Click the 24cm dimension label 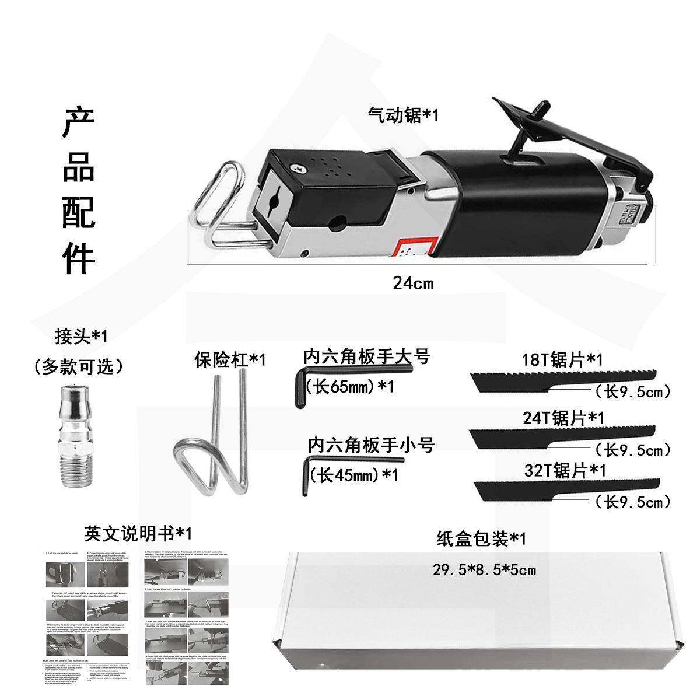click(x=413, y=283)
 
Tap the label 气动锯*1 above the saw click(x=402, y=115)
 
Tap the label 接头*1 click(x=80, y=336)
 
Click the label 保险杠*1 click(x=229, y=359)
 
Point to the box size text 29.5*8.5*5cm click(x=484, y=570)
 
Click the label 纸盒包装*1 click(x=481, y=538)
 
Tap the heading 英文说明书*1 click(x=137, y=533)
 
